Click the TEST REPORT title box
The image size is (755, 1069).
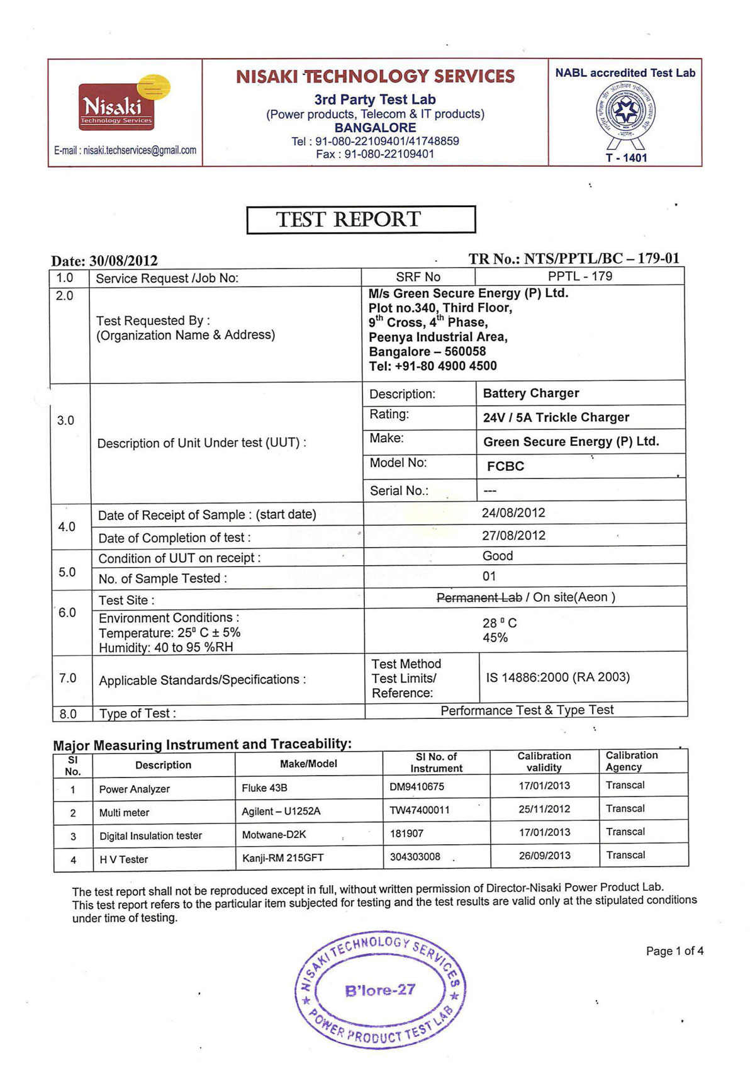coord(361,220)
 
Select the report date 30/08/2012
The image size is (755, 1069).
coord(123,261)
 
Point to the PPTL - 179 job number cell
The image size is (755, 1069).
coord(579,276)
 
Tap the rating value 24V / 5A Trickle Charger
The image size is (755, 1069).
coord(556,417)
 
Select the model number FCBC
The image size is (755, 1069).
coord(505,467)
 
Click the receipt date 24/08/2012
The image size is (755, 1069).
coord(513,513)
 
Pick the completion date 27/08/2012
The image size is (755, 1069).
coord(513,536)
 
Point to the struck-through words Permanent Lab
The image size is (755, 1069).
coord(479,597)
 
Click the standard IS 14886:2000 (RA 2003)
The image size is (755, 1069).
coord(557,677)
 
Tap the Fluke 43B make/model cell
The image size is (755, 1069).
coord(264,788)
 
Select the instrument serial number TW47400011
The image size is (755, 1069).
coord(420,810)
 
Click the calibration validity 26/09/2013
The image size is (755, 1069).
coord(544,856)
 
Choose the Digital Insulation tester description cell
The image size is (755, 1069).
coord(150,836)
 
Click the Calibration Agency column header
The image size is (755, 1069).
coord(632,761)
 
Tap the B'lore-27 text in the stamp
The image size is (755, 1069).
coord(380,990)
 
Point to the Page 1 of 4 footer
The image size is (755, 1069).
coord(674,951)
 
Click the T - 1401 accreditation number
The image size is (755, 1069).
coord(626,157)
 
